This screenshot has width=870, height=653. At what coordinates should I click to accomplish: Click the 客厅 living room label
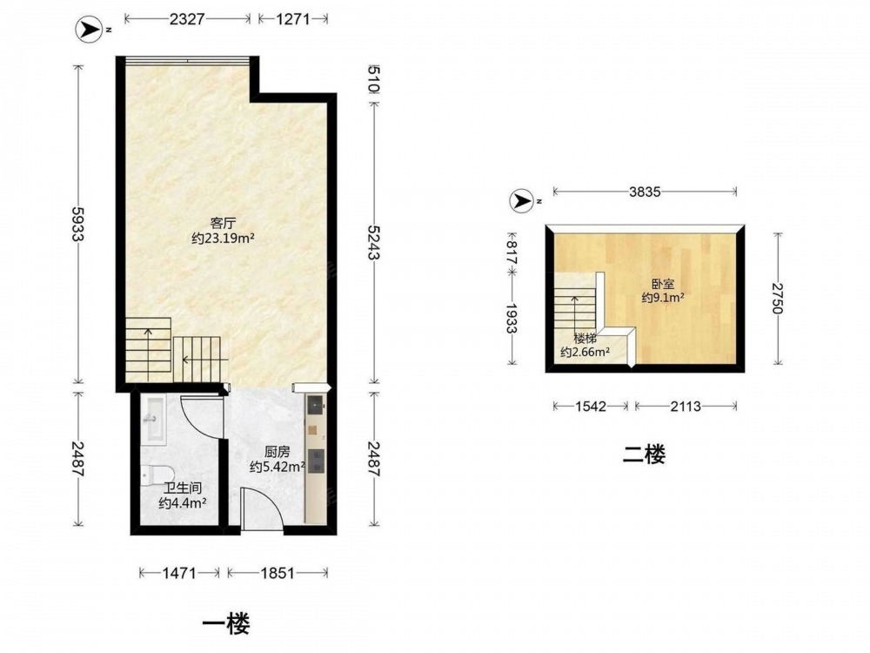point(224,224)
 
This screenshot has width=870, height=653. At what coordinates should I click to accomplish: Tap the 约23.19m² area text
point(223,239)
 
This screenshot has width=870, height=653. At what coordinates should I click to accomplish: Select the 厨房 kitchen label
point(278,452)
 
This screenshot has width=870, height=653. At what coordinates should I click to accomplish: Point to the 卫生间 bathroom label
point(182,488)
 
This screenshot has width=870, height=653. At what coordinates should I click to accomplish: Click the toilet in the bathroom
point(157,475)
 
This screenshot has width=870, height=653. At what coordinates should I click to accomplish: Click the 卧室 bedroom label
point(663,284)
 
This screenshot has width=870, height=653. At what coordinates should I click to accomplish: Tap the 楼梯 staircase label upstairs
point(585,338)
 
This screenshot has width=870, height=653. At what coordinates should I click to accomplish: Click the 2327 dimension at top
point(188,19)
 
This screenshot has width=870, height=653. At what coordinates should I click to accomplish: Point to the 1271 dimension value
point(292,19)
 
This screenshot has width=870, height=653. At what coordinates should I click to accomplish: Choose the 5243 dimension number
point(373,243)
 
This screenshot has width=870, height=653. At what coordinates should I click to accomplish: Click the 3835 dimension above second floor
point(645,192)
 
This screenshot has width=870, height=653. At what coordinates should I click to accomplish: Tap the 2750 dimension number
point(778,299)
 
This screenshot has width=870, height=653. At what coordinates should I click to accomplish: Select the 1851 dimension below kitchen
point(277,573)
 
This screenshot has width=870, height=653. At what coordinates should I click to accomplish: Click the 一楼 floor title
point(225,623)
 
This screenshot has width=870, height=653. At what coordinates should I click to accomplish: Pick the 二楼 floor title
point(644,454)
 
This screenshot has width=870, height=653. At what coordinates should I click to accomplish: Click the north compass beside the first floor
point(89,30)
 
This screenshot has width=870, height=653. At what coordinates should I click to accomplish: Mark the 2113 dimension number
point(686,407)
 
